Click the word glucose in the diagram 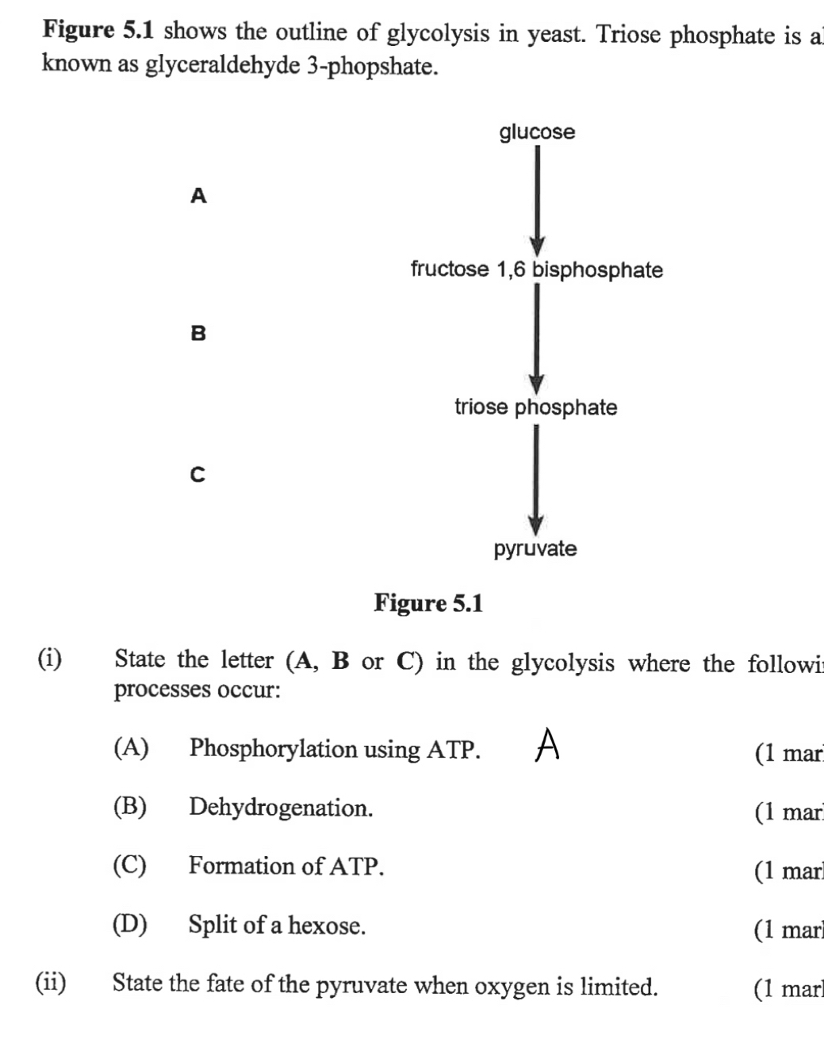pos(537,132)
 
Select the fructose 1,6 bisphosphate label pos(536,269)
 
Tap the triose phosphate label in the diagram pos(535,407)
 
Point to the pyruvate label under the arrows pos(535,548)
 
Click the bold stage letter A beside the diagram pos(198,195)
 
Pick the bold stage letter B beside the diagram pos(198,334)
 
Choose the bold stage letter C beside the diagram pos(198,475)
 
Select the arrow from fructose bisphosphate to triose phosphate pos(536,338)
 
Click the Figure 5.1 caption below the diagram pos(428,604)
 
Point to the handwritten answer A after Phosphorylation pos(547,745)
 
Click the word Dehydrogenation pos(281,808)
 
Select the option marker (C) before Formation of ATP pos(130,865)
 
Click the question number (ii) pos(51,983)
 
